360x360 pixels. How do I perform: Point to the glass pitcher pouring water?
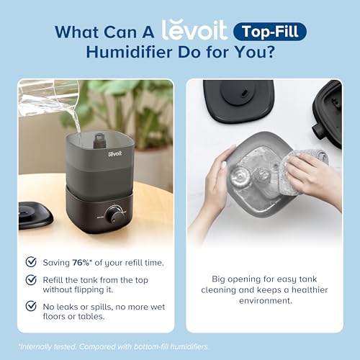tap(46, 97)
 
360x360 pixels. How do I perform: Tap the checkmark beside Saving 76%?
tap(31, 262)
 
